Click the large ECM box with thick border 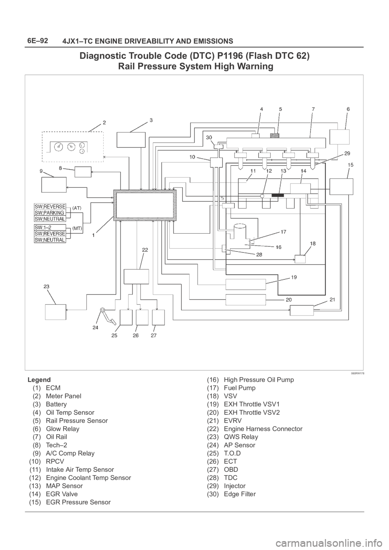(145, 205)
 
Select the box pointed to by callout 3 (130, 140)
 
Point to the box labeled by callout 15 (341, 187)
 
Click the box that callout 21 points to (301, 311)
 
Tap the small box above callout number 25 (126, 317)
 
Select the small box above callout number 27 (158, 317)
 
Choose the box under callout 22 (136, 277)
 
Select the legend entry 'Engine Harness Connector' (263, 428)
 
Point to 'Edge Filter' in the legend (239, 494)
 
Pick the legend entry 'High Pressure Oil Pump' (259, 380)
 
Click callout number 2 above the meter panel (104, 121)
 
